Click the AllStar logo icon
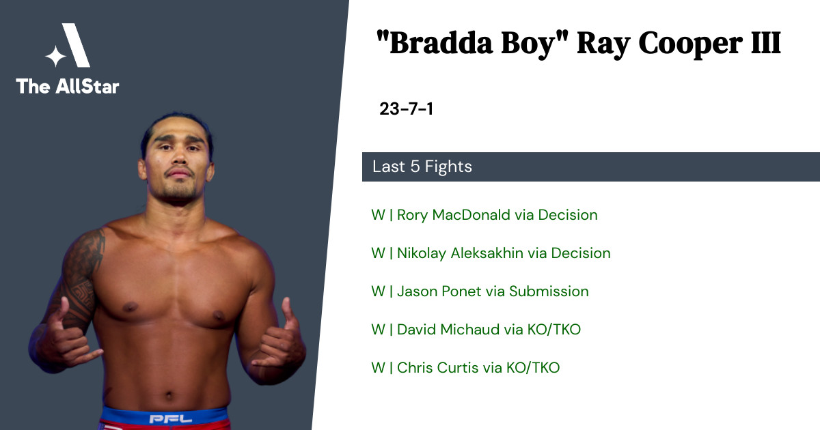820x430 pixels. pyautogui.click(x=68, y=45)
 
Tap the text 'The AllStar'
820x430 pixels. pyautogui.click(x=68, y=86)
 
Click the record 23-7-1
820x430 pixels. pyautogui.click(x=407, y=109)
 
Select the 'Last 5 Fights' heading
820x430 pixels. pyautogui.click(x=422, y=167)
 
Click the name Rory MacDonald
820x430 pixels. pyautogui.click(x=454, y=214)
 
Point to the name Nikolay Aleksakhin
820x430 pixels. pyautogui.click(x=460, y=253)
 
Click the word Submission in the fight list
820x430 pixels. pyautogui.click(x=549, y=291)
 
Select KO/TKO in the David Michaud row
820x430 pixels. pyautogui.click(x=554, y=330)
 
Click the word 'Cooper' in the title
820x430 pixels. pyautogui.click(x=690, y=44)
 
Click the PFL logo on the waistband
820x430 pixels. pyautogui.click(x=171, y=418)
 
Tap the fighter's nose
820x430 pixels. pyautogui.click(x=179, y=156)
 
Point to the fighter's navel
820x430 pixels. pyautogui.click(x=168, y=395)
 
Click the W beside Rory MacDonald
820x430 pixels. pyautogui.click(x=378, y=214)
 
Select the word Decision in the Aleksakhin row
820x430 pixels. pyautogui.click(x=581, y=253)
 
